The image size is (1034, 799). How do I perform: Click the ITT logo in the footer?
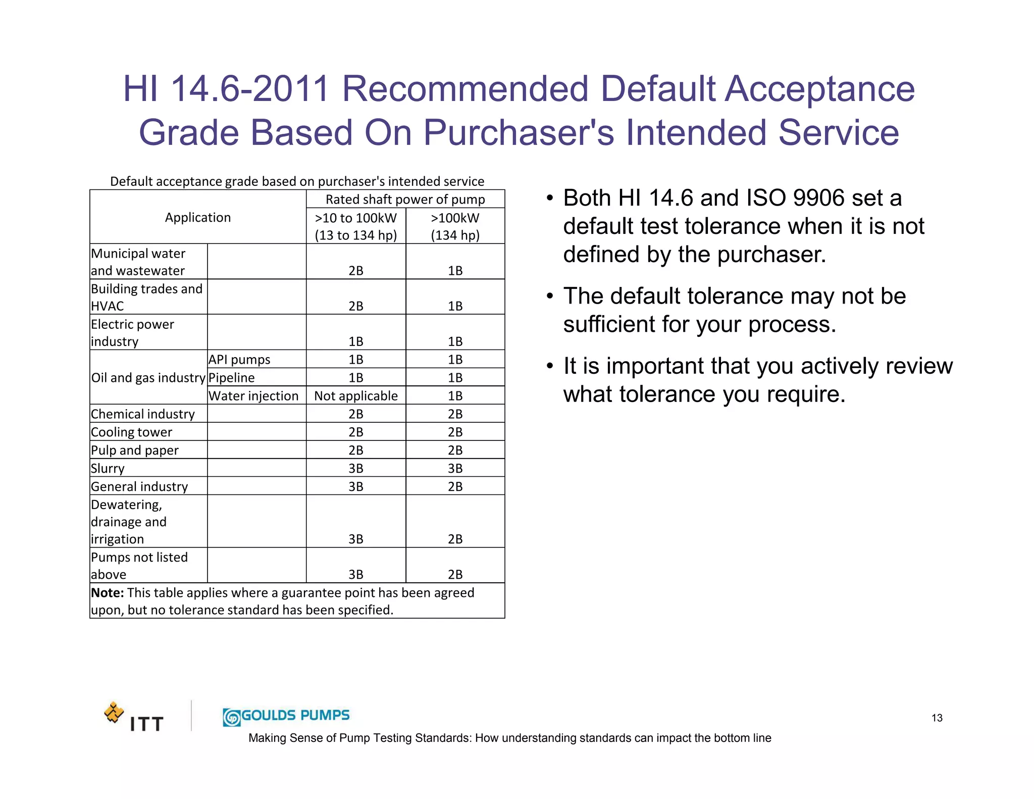(134, 718)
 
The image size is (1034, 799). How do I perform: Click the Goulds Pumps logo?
(286, 716)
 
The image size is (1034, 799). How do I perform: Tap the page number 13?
(937, 718)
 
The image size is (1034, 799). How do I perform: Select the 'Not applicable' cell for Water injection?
(355, 396)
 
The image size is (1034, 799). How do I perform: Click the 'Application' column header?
(197, 218)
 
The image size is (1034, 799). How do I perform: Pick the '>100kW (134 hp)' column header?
(455, 226)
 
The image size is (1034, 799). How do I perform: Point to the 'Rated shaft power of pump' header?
(405, 199)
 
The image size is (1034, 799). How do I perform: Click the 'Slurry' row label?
(108, 468)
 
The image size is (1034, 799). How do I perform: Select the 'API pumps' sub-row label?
(239, 360)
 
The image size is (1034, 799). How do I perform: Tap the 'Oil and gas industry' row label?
(148, 378)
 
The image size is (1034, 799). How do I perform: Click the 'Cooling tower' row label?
(131, 432)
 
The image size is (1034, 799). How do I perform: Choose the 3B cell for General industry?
(355, 486)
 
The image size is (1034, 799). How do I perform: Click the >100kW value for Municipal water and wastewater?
(455, 271)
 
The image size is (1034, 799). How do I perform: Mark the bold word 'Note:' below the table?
(107, 592)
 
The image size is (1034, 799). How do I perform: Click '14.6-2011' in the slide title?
(250, 89)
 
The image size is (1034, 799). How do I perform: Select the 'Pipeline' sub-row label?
(231, 378)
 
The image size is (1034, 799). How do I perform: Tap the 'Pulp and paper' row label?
(134, 451)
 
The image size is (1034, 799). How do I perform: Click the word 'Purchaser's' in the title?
(519, 133)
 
